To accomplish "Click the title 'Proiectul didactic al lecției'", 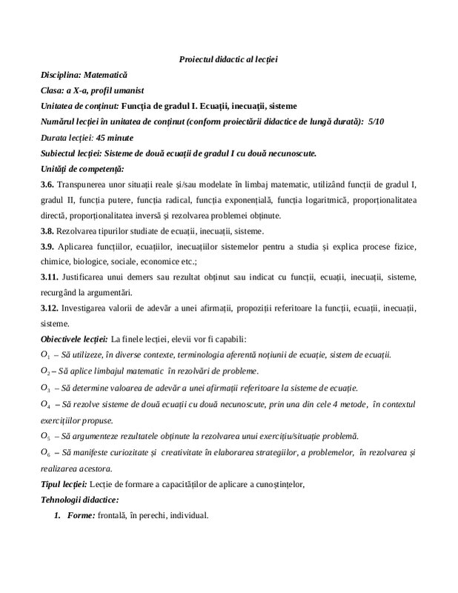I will [228, 59].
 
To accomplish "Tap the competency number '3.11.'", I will [50, 277].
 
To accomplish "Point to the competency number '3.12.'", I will [50, 308].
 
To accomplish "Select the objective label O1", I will [45, 356].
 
